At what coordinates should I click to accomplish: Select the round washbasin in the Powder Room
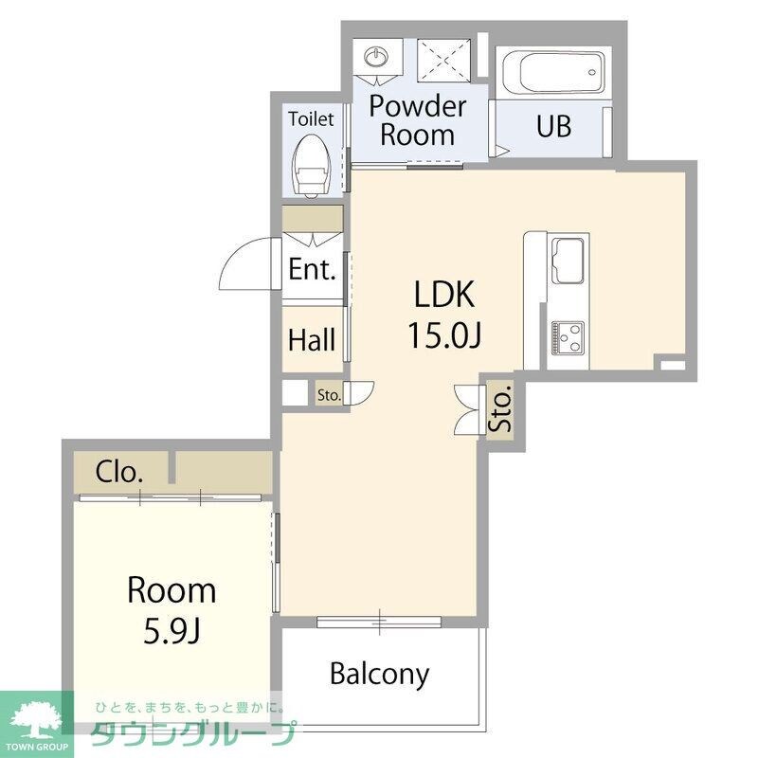[377, 56]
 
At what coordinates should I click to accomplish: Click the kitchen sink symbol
[568, 259]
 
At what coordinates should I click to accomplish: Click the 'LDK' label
[442, 295]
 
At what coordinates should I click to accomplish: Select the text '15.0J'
[442, 334]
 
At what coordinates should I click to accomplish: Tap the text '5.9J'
[172, 630]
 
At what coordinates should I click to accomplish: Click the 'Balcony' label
[379, 674]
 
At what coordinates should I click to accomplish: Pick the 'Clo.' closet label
[120, 471]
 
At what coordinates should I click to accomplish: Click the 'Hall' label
[312, 339]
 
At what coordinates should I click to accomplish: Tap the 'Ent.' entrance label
[312, 270]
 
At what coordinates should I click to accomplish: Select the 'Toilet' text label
[311, 119]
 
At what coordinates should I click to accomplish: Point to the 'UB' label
[553, 126]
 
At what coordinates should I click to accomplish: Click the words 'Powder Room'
[417, 119]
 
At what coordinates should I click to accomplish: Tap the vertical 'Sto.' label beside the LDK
[499, 408]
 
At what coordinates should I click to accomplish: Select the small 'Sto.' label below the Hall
[329, 394]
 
